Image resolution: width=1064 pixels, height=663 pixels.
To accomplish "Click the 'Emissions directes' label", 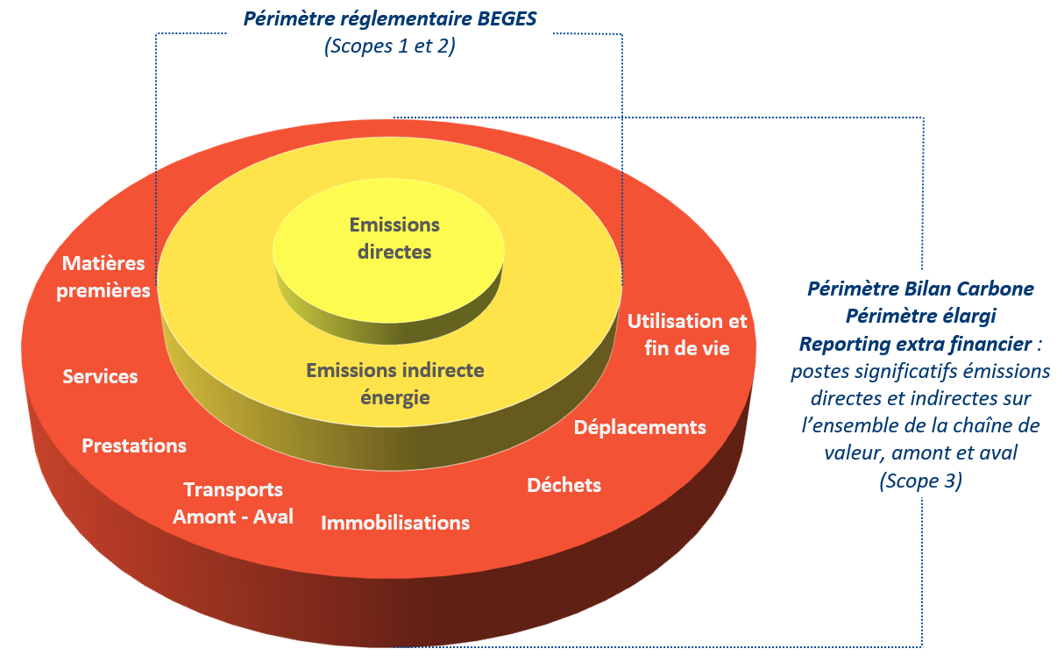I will coord(394,238).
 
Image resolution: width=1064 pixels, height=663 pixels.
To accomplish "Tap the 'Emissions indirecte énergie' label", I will coord(394,383).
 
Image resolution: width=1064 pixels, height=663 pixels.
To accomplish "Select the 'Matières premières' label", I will coord(103,276).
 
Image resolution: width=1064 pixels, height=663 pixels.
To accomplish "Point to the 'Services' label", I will coord(100,376).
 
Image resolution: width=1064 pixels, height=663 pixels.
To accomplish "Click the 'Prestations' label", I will coord(134,446).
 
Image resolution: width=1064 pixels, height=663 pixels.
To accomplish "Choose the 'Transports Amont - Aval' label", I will coord(232,503).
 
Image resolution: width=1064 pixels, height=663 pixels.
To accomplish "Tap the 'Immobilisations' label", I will coord(395,523).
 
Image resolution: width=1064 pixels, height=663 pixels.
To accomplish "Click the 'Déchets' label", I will coord(564,485).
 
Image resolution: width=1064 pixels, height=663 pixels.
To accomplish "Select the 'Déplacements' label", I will coord(640,427).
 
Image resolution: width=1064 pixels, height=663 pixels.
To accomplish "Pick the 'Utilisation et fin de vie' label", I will coord(687,334).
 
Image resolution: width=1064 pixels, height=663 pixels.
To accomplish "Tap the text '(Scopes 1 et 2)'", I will coord(389,46).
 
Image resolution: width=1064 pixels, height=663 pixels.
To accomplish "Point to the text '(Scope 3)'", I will coord(920,481).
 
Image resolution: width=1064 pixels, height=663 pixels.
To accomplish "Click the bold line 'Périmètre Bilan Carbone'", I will coord(920,288).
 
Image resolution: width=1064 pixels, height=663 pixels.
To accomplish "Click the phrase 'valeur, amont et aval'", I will coord(920,453).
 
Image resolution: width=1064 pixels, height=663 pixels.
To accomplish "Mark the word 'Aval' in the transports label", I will coord(271,517).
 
